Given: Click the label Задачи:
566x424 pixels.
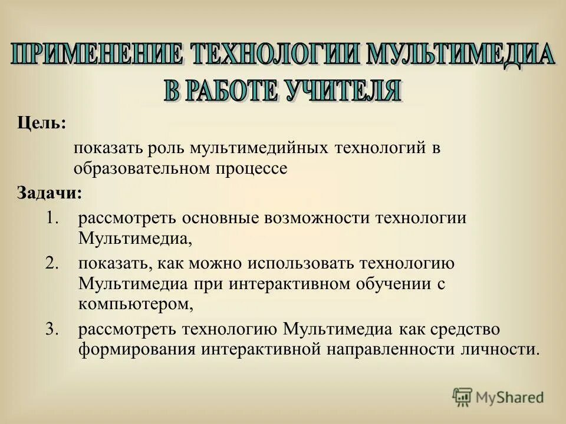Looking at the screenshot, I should coord(50,193).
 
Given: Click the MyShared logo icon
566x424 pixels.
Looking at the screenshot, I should coord(462,397).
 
